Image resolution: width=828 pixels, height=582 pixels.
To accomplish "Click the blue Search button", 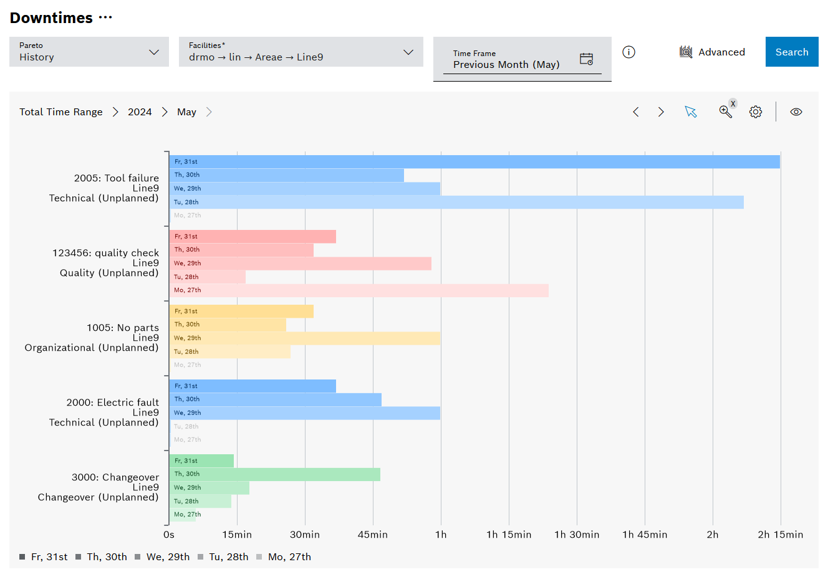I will tap(791, 52).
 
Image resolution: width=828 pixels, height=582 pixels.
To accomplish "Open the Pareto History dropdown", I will tap(89, 52).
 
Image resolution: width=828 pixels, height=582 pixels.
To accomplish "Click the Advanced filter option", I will tap(712, 52).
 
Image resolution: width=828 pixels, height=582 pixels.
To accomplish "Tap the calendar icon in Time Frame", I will tap(586, 59).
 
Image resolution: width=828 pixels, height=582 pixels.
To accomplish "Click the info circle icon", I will tap(628, 52).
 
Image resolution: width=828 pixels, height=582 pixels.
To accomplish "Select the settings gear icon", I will tap(755, 112).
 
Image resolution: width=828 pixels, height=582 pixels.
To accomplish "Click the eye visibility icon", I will tap(796, 112).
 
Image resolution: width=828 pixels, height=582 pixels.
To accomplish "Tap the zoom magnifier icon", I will tap(725, 112).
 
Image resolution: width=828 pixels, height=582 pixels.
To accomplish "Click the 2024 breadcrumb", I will tap(140, 112).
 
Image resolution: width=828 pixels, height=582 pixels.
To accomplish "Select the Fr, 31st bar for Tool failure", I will tap(474, 162).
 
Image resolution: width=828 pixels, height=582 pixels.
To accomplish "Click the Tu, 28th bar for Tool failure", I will tap(456, 202).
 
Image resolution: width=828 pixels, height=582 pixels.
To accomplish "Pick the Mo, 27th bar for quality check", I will tap(359, 290).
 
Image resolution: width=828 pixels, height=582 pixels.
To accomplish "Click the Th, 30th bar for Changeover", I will tap(274, 474).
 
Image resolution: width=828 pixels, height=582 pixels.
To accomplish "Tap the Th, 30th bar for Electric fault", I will tap(275, 399).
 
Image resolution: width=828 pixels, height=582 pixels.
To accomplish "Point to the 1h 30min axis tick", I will tap(577, 535).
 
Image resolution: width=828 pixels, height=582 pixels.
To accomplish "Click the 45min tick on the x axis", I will tap(373, 535).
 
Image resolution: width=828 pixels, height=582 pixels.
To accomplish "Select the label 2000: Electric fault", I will tap(113, 403).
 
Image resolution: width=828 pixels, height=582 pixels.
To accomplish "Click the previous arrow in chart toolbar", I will tap(636, 112).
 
